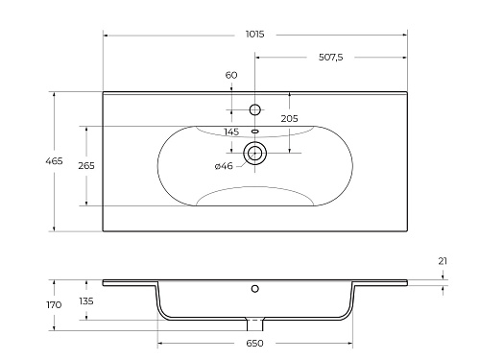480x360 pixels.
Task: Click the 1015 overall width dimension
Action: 255,34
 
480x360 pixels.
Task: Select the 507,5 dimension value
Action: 331,58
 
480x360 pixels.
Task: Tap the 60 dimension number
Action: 231,75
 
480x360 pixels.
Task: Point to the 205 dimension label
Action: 289,119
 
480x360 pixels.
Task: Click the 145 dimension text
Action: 231,132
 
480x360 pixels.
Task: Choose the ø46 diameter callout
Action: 224,166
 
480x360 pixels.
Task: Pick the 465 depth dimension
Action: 54,161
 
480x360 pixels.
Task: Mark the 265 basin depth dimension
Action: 86,166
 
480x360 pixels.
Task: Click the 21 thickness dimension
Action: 443,261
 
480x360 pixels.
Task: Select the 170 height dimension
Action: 54,305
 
